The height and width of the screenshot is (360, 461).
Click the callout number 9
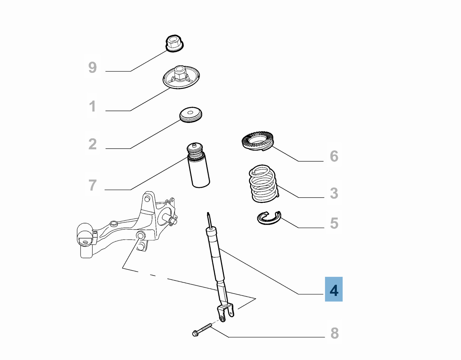click(x=92, y=68)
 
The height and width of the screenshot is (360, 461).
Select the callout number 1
click(x=92, y=106)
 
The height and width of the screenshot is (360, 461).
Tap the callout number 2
click(x=92, y=144)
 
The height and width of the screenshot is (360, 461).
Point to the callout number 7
click(x=92, y=185)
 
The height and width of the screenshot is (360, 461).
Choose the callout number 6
click(x=334, y=156)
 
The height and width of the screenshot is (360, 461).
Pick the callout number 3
click(x=334, y=193)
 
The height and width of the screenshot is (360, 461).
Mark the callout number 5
click(x=334, y=223)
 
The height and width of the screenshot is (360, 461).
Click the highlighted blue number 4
click(x=334, y=289)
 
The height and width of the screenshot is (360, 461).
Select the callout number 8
click(x=334, y=333)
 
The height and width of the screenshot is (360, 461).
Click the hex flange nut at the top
click(x=174, y=43)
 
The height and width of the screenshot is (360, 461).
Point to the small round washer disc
click(x=190, y=114)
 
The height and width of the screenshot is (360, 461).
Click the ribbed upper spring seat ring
click(x=257, y=141)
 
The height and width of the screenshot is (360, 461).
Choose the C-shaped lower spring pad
click(x=269, y=218)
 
